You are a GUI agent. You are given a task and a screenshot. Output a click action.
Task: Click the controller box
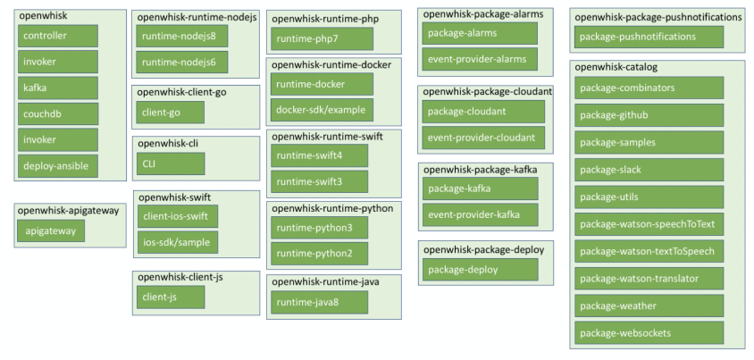pos(58,36)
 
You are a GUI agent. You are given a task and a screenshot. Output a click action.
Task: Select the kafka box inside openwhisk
pos(58,88)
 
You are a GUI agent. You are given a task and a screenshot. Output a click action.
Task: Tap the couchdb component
pos(58,113)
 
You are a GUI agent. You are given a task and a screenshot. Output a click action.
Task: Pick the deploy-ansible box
pos(58,165)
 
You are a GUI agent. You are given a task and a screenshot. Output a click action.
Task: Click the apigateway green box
pos(51,230)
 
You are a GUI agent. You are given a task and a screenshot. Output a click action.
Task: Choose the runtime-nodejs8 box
pos(183,36)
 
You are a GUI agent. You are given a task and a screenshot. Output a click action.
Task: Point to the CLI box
pos(171,163)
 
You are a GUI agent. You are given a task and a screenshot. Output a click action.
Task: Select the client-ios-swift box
pos(177,216)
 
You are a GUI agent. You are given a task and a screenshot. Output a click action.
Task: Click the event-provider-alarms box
pos(480,59)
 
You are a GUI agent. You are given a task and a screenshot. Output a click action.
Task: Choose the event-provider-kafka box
pos(481,214)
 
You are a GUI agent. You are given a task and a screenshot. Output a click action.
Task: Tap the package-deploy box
pos(481,269)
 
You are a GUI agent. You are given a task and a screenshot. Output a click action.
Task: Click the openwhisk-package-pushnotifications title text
pos(658,17)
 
